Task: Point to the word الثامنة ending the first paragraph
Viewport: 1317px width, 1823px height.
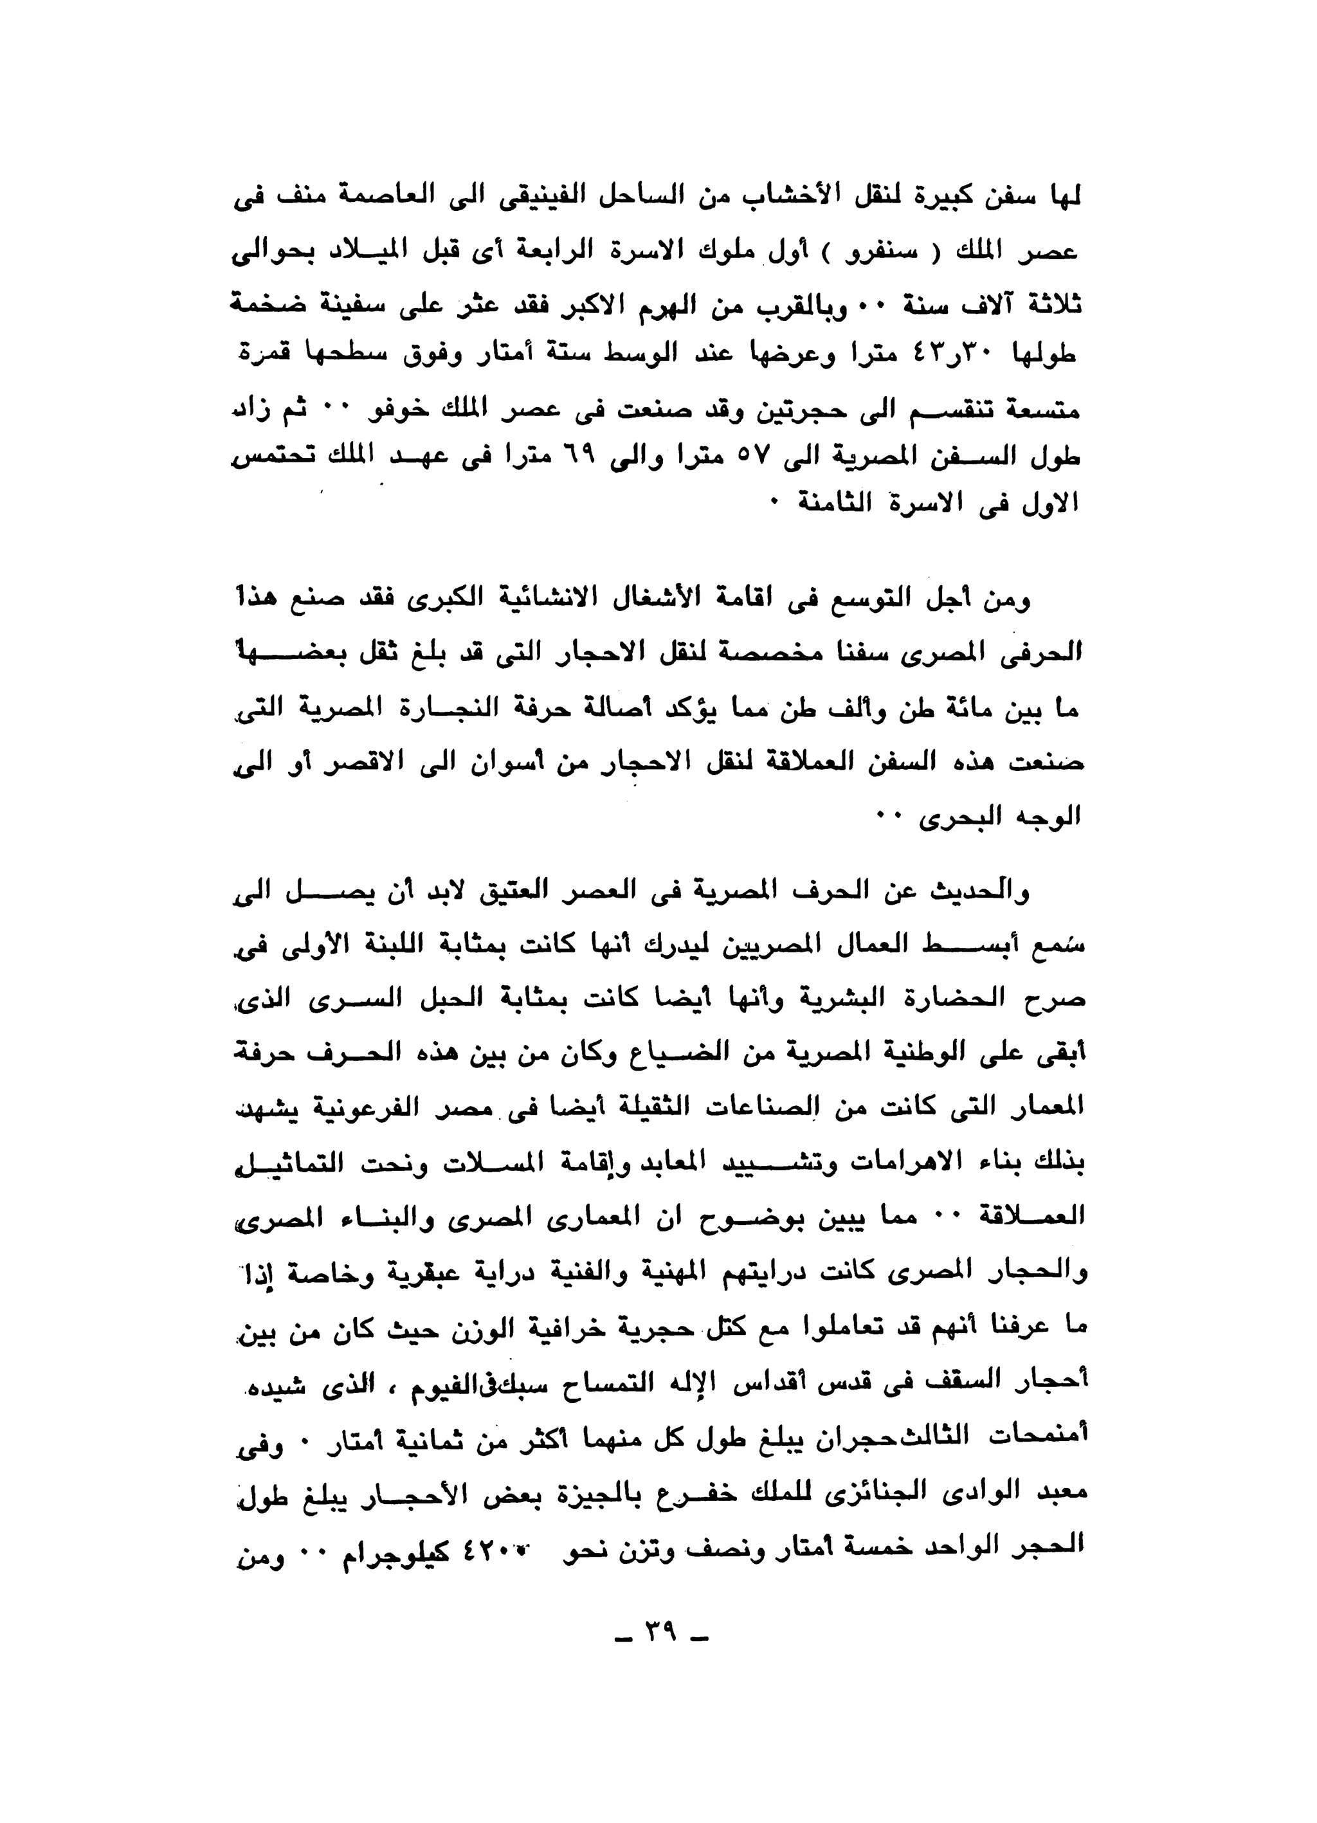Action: point(829,504)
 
